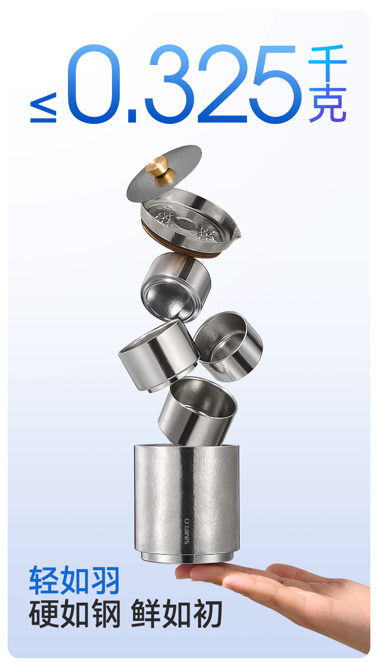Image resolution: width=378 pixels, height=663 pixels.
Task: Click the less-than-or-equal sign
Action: (43, 108)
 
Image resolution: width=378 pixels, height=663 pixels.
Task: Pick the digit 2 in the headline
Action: (222, 84)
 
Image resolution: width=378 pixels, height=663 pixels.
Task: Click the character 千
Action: (327, 63)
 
